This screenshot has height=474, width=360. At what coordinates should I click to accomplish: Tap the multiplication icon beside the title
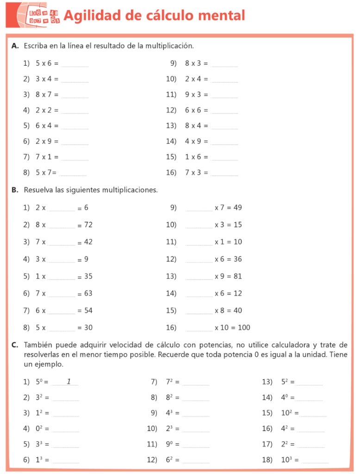click(44, 15)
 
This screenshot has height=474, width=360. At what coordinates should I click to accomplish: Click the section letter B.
click(15, 190)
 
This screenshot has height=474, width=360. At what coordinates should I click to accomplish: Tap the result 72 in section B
click(88, 225)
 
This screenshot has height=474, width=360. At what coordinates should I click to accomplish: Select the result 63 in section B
click(88, 293)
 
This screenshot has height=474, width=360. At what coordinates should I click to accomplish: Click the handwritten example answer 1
click(68, 381)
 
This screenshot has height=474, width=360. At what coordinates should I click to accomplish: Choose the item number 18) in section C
click(267, 460)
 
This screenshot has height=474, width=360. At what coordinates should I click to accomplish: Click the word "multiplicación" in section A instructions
click(169, 46)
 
